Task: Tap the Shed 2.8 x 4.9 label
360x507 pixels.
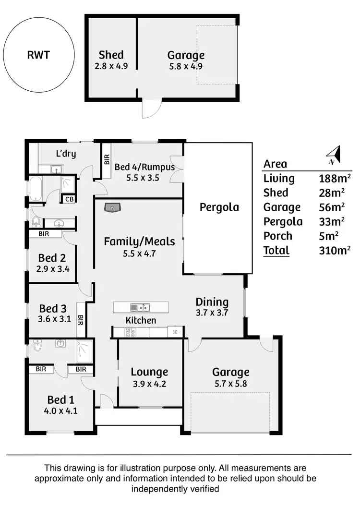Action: pos(111,60)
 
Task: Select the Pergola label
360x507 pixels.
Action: pos(219,207)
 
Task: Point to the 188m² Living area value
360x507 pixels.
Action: pos(335,179)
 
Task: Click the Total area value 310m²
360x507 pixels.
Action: pos(335,250)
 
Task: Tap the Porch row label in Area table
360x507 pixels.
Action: pos(278,236)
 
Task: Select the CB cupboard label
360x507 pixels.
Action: pos(69,199)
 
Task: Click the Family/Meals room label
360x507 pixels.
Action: pos(139,241)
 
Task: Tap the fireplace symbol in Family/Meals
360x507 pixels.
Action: pos(112,207)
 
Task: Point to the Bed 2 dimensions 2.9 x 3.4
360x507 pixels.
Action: pos(53,269)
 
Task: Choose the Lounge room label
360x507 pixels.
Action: pos(149,372)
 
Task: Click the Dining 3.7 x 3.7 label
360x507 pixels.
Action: pos(212,307)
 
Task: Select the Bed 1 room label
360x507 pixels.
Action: pos(60,400)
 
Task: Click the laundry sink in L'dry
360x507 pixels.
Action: pos(56,169)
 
